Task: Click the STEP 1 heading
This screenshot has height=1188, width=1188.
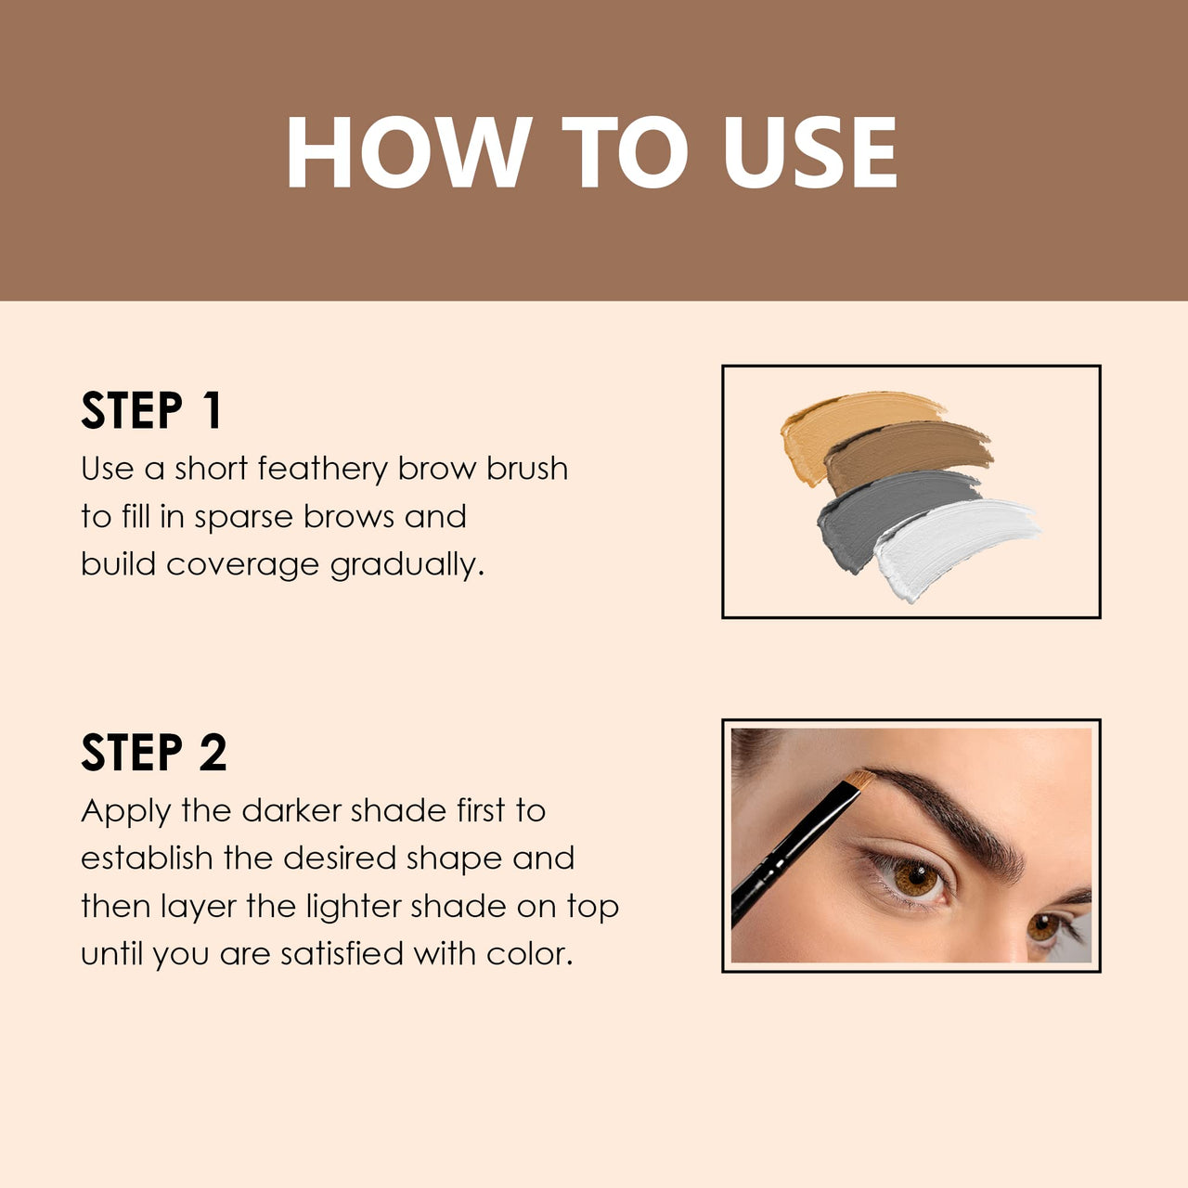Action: pyautogui.click(x=151, y=410)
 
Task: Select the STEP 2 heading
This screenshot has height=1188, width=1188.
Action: pyautogui.click(x=153, y=753)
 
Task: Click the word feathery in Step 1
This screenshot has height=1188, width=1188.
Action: pyautogui.click(x=322, y=469)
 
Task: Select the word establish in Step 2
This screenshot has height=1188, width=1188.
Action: pyautogui.click(x=147, y=859)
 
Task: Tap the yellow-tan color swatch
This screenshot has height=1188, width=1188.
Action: pyautogui.click(x=835, y=422)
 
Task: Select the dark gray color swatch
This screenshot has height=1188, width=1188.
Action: pyautogui.click(x=882, y=510)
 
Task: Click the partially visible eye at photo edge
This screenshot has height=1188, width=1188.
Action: pyautogui.click(x=1047, y=925)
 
